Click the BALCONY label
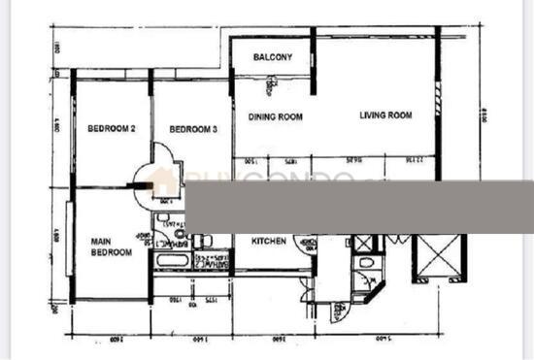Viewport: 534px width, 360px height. coord(273,57)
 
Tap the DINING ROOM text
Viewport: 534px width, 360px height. coord(276,116)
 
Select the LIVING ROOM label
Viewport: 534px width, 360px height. coord(385,115)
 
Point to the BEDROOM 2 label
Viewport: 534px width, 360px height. coord(111,129)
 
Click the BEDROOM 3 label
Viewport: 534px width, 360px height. coord(192,129)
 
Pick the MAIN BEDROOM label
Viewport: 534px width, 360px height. coord(112,246)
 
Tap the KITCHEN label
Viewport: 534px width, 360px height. coord(269,242)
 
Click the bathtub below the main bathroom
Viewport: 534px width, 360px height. coord(171,263)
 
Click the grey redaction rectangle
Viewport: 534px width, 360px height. coord(359,205)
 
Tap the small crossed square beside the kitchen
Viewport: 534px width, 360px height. coord(364,244)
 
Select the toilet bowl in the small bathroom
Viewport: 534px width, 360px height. coord(365,265)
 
